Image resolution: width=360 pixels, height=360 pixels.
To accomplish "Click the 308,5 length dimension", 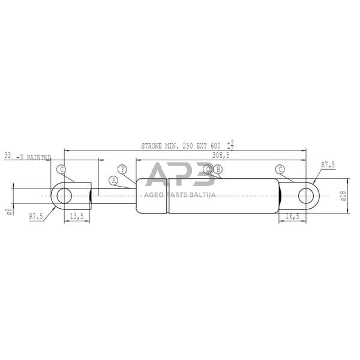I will [221, 155].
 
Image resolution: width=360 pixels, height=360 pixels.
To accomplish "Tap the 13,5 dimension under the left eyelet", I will [76, 217].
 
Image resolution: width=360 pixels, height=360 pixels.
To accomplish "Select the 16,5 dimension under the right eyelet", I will [292, 217].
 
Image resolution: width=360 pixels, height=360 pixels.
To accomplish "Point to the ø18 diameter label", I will [343, 195].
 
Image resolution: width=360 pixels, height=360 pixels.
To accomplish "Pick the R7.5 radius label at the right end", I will [328, 164].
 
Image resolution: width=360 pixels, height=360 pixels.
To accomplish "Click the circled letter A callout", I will [113, 180].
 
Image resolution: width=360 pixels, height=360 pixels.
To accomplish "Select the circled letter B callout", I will [218, 169].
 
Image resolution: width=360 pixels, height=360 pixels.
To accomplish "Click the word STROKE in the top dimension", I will [152, 146].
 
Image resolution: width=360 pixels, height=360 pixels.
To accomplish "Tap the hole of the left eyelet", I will [63, 196].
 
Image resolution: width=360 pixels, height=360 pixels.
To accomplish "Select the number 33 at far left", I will [7, 155].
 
